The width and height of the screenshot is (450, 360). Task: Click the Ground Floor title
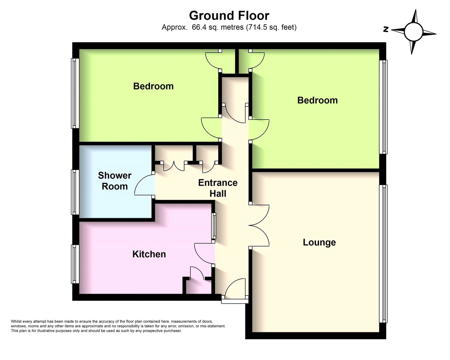click(229, 16)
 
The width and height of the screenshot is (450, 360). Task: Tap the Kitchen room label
click(149, 254)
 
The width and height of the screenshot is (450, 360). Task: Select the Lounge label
click(319, 242)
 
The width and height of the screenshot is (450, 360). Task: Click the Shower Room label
click(115, 181)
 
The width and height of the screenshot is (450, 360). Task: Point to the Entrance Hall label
click(218, 188)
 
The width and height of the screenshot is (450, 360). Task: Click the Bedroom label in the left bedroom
click(153, 86)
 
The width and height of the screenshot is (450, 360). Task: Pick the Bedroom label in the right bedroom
click(317, 100)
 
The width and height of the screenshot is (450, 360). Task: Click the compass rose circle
click(413, 32)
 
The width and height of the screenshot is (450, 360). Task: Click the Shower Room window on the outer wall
click(75, 192)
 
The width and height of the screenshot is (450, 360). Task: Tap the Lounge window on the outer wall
click(383, 254)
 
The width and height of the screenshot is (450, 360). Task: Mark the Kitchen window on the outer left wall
click(75, 264)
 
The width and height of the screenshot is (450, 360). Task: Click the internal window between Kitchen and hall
click(214, 226)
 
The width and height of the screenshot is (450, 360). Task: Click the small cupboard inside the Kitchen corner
click(199, 286)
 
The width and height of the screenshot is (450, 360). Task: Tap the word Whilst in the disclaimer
click(16, 321)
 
